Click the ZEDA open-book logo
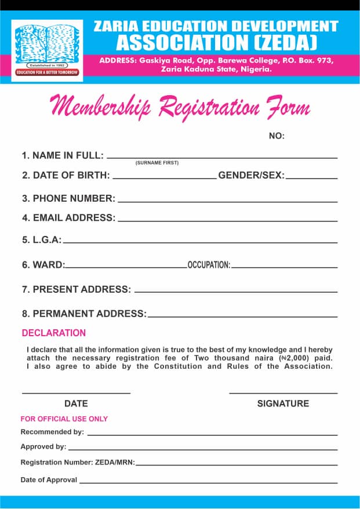[47, 46]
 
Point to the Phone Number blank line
[227, 202]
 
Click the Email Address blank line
[227, 221]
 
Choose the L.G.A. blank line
[199, 242]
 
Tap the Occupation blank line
[284, 268]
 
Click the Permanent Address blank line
[242, 317]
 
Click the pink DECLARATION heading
[54, 333]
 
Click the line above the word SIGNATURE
[283, 394]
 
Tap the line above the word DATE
[76, 394]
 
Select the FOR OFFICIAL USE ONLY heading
[64, 419]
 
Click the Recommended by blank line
[212, 435]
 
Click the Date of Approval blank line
[208, 483]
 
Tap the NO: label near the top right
[277, 136]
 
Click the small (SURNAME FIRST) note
[157, 163]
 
